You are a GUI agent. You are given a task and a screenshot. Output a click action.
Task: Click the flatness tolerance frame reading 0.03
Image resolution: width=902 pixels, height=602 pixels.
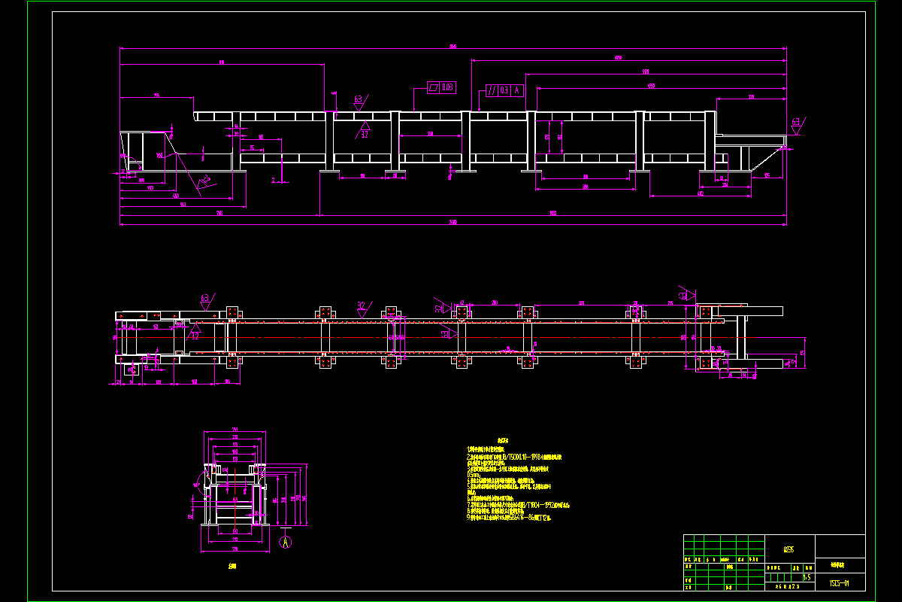[441, 87]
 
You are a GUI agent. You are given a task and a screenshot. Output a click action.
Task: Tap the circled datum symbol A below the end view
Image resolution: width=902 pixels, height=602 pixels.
[285, 541]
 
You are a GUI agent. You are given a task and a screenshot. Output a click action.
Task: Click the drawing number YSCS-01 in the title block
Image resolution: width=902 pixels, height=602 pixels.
[839, 582]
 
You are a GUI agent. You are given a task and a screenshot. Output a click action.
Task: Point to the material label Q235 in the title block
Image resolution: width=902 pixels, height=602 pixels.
[788, 549]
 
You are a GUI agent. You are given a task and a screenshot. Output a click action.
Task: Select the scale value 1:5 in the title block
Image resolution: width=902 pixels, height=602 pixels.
[807, 577]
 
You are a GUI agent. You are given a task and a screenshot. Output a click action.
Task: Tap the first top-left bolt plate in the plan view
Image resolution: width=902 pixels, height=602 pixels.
[232, 312]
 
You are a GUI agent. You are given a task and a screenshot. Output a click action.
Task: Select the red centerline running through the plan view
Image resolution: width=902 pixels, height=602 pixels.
[451, 338]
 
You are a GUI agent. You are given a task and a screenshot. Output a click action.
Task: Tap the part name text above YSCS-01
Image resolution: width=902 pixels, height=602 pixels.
[839, 563]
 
